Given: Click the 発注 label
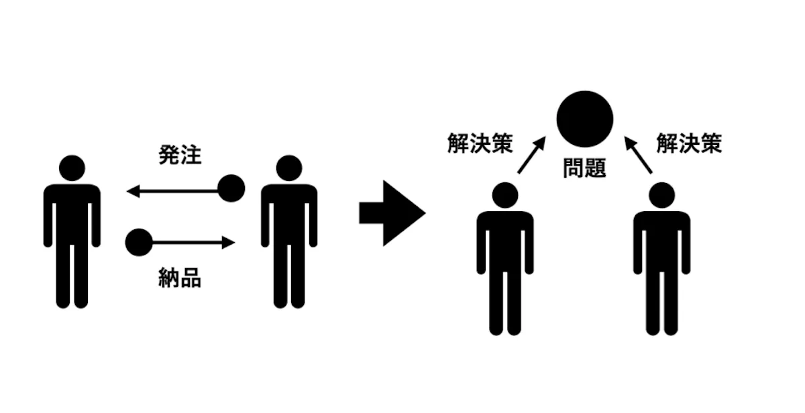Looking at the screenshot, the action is pyautogui.click(x=180, y=155).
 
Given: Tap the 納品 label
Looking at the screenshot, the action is pyautogui.click(x=180, y=278).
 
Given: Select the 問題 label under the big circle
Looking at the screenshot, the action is pyautogui.click(x=585, y=168).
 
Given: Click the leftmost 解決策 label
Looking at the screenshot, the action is pyautogui.click(x=480, y=143).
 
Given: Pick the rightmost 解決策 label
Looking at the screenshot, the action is pyautogui.click(x=690, y=143).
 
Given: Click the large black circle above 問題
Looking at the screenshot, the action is pyautogui.click(x=585, y=119).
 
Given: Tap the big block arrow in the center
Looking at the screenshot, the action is pyautogui.click(x=392, y=213).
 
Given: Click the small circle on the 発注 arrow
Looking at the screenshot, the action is pyautogui.click(x=231, y=188).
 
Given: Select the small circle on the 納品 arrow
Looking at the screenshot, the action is pyautogui.click(x=139, y=243).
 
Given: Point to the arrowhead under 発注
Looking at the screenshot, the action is pyautogui.click(x=133, y=191).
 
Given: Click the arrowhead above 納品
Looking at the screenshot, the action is pyautogui.click(x=229, y=243).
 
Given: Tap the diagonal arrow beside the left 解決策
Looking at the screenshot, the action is pyautogui.click(x=532, y=155).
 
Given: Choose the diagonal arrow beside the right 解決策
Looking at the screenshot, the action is pyautogui.click(x=638, y=155).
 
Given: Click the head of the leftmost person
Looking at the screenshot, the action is pyautogui.click(x=72, y=168).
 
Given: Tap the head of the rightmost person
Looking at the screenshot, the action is pyautogui.click(x=662, y=195).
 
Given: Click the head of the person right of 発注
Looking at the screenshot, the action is pyautogui.click(x=289, y=168).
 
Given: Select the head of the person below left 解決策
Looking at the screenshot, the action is pyautogui.click(x=505, y=195).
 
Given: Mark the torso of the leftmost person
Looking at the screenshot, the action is pyautogui.click(x=72, y=215).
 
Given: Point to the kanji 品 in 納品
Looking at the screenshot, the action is pyautogui.click(x=191, y=278).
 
